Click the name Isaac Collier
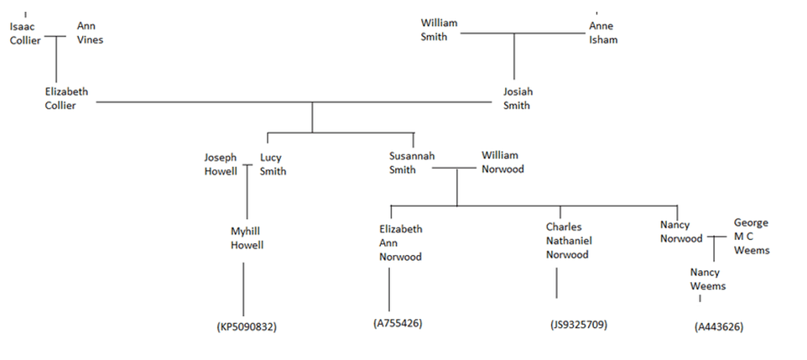click(x=24, y=33)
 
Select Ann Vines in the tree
click(x=90, y=33)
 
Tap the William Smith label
click(x=439, y=29)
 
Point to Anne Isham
click(x=602, y=33)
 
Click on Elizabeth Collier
click(x=65, y=98)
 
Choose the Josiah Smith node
click(x=518, y=98)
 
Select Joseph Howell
click(x=221, y=164)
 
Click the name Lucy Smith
click(x=273, y=164)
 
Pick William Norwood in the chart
click(x=502, y=162)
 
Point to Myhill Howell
click(x=247, y=238)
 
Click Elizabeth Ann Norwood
click(x=400, y=243)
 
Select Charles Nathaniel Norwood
click(x=567, y=241)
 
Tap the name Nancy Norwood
click(x=680, y=232)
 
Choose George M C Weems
click(x=751, y=236)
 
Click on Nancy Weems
click(x=708, y=279)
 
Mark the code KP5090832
click(x=246, y=327)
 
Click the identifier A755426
click(x=398, y=322)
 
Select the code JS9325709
click(x=579, y=324)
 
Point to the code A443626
click(x=719, y=327)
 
